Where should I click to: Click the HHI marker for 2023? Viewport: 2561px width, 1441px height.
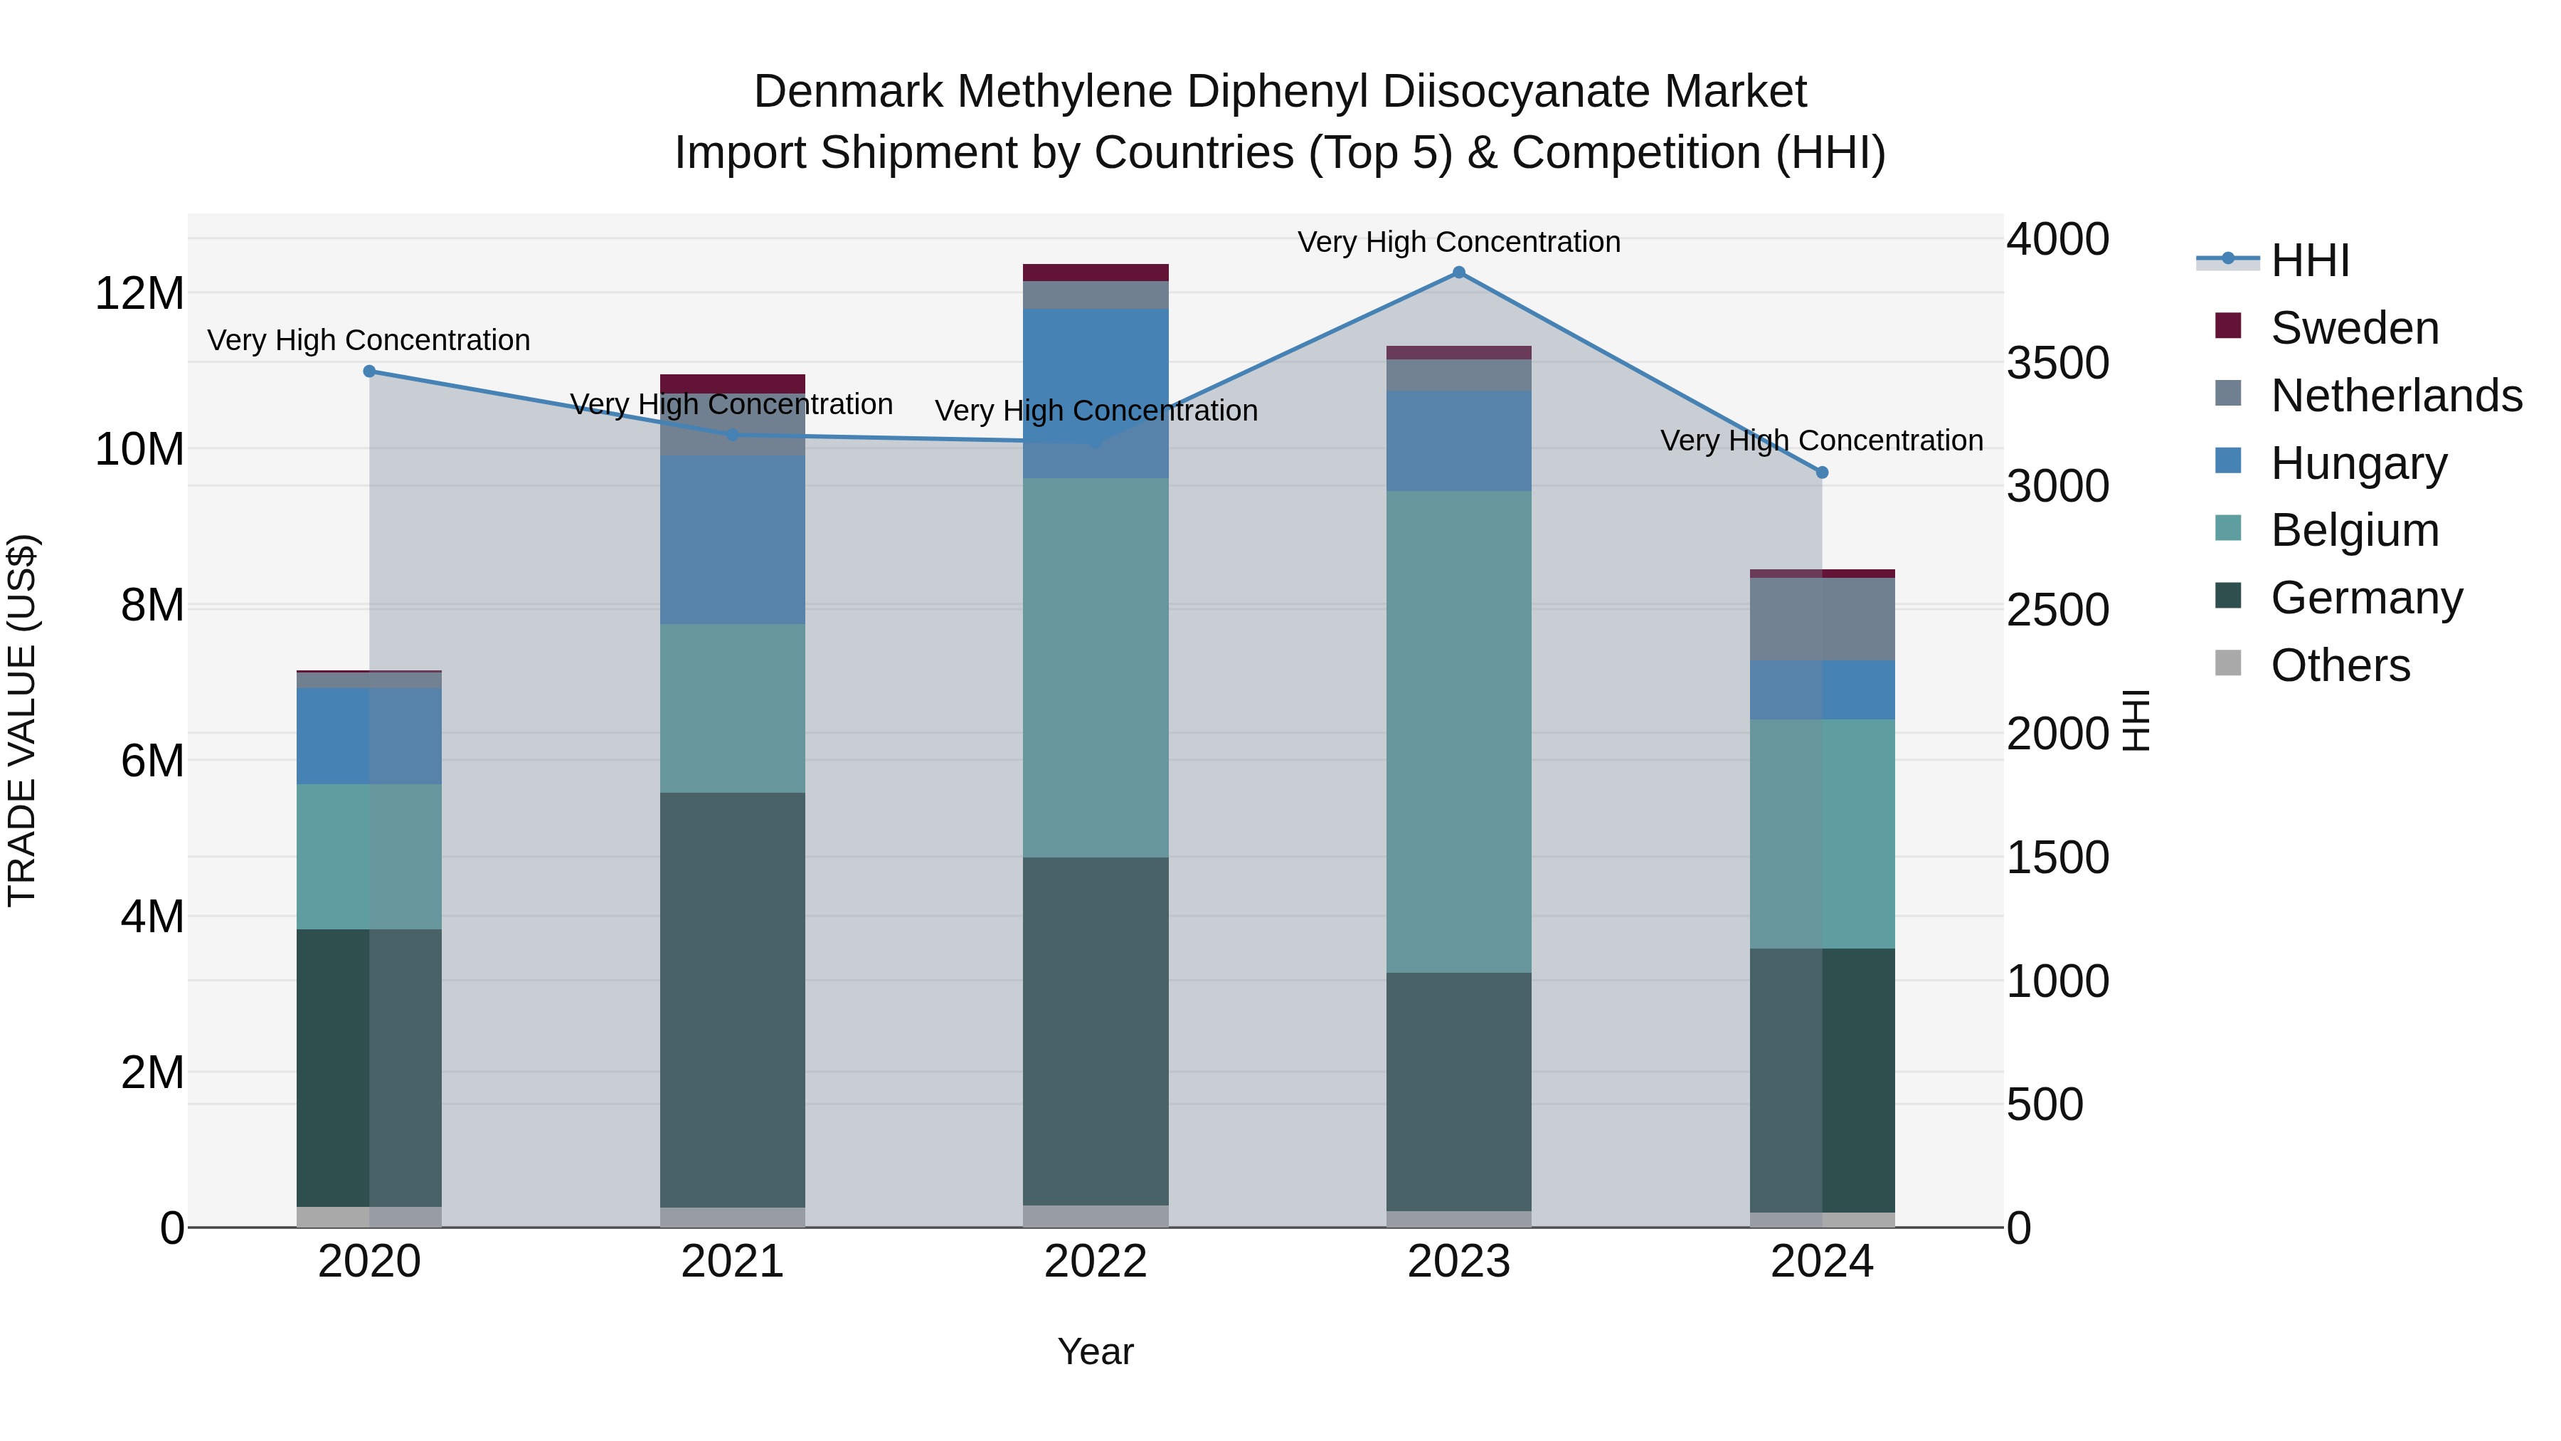coord(1458,273)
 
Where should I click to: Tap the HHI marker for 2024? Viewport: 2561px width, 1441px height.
coord(1821,473)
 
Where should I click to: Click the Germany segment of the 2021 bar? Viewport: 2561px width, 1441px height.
coord(732,1000)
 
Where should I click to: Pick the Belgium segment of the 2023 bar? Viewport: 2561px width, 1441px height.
coord(1458,731)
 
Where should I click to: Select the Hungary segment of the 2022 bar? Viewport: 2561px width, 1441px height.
coord(1096,393)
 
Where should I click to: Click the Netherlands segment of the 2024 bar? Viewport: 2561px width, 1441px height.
coord(1821,618)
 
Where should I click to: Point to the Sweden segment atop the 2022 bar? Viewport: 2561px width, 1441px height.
coord(1096,273)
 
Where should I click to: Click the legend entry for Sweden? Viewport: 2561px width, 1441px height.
coord(2353,328)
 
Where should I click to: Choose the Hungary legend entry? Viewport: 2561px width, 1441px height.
coord(2358,463)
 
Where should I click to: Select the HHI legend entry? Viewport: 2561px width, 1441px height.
coord(2308,260)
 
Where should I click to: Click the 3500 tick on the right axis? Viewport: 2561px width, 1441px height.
coord(2057,363)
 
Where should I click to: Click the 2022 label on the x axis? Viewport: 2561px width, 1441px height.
coord(1096,1262)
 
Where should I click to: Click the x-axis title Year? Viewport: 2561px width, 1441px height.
coord(1096,1351)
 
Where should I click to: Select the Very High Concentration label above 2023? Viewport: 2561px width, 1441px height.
coord(1458,242)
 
